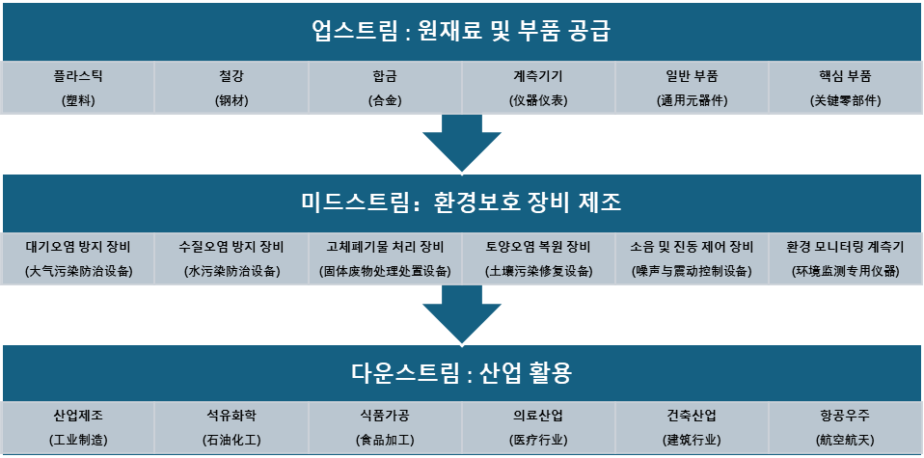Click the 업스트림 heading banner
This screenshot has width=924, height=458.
pos(462,31)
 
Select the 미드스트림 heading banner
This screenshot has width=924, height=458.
pos(462,202)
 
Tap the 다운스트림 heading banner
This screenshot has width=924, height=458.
pos(462,373)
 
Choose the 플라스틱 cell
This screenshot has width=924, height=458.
pos(78,88)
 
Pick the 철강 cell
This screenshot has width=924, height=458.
pos(231,88)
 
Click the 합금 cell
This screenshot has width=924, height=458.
pos(385,88)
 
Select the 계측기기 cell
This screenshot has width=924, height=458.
pos(538,88)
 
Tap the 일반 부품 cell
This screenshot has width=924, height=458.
pos(692,88)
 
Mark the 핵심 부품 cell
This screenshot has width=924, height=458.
pos(845,88)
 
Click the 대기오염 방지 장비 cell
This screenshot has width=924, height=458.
pos(78,257)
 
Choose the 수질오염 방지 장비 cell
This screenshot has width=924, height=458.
pos(231,257)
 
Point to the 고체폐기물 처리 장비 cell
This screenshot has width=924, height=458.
pos(385,257)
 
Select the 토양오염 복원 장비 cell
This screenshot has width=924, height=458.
pos(538,257)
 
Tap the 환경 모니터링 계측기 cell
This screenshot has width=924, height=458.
pos(845,257)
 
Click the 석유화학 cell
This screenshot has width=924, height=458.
pos(231,427)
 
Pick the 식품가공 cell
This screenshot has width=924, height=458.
pos(385,427)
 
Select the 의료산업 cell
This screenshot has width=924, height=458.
pos(538,427)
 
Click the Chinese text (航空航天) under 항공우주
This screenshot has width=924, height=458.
pos(845,440)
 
